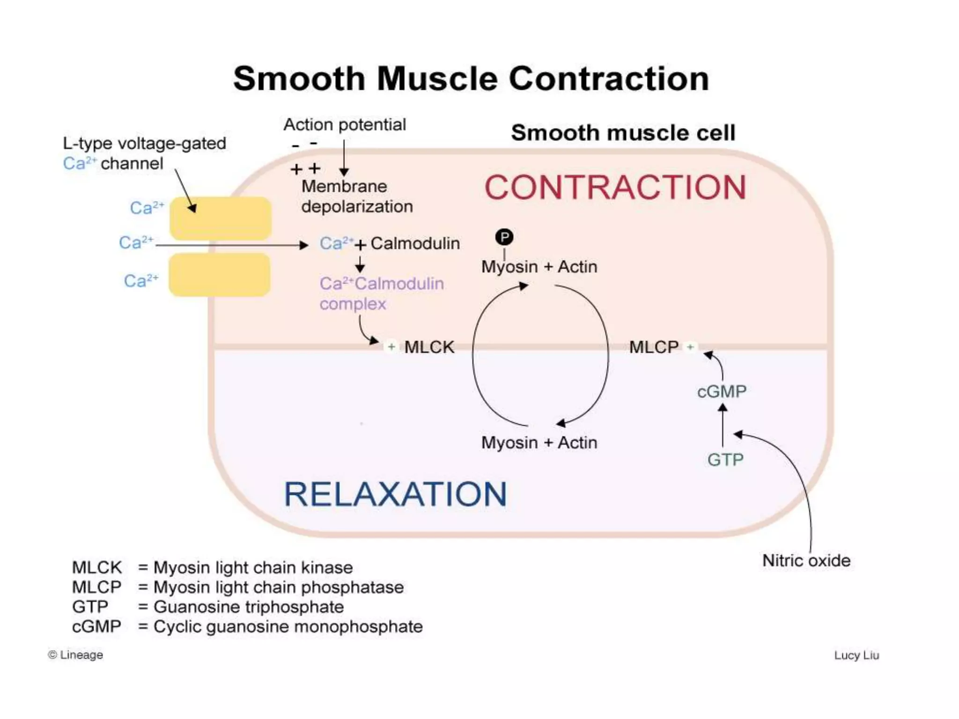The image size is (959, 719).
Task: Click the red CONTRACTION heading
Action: coord(615,187)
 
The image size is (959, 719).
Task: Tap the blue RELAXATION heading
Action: coord(395,494)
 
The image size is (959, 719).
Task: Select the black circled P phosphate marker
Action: coord(504,237)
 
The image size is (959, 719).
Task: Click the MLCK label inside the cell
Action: coord(429,347)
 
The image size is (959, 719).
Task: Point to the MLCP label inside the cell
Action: coord(654,347)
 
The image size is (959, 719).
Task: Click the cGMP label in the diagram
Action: coord(722,391)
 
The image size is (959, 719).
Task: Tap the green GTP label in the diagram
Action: coord(725,460)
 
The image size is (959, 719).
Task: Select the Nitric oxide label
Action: coord(806,560)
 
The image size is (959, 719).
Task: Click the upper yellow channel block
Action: coord(221,218)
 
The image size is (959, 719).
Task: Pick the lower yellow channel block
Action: coord(220,275)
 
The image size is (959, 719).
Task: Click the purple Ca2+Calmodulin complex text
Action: coord(381,293)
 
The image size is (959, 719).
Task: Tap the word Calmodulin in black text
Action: coord(415,243)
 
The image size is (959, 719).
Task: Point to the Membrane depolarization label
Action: coord(357,197)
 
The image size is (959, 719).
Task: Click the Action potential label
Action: coord(345,125)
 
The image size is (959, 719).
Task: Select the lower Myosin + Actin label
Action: coord(539,442)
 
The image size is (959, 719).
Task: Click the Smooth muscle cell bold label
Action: coord(623,133)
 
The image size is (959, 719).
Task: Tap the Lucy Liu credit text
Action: coord(856,655)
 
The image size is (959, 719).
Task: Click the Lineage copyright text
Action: coord(76,655)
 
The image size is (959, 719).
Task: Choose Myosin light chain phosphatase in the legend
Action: coord(278,587)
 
